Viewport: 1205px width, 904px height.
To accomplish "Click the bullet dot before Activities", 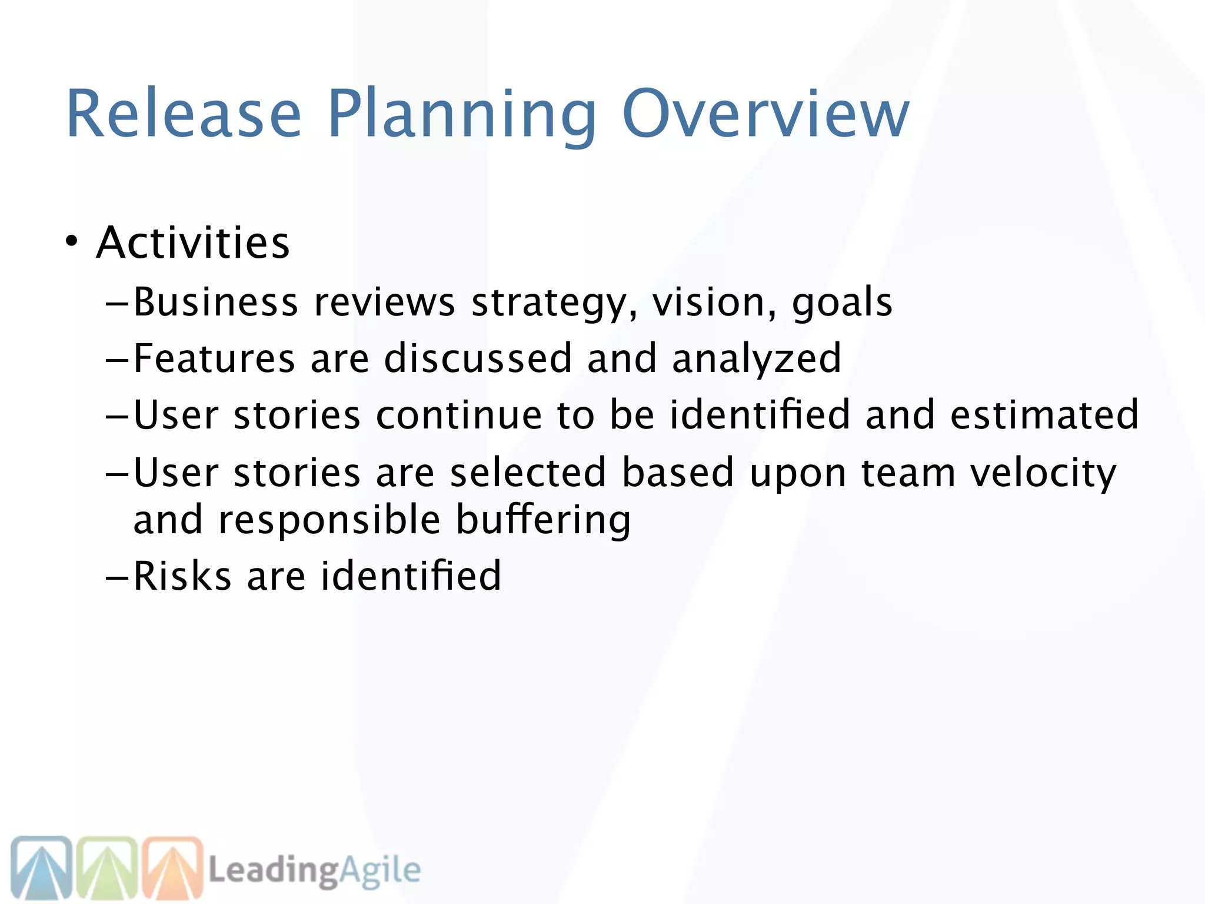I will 71,241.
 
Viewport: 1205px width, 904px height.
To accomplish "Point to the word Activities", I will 193,242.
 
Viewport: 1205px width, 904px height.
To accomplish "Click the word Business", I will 215,302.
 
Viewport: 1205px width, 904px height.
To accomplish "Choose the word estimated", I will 1044,415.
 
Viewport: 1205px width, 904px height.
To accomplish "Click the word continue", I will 459,415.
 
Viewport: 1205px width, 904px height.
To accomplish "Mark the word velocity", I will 1043,474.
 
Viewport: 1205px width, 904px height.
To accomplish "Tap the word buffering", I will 543,521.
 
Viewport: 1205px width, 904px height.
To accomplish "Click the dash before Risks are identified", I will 117,578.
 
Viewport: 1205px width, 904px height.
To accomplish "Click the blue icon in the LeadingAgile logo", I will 42,868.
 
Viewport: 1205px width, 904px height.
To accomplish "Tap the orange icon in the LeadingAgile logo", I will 172,868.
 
